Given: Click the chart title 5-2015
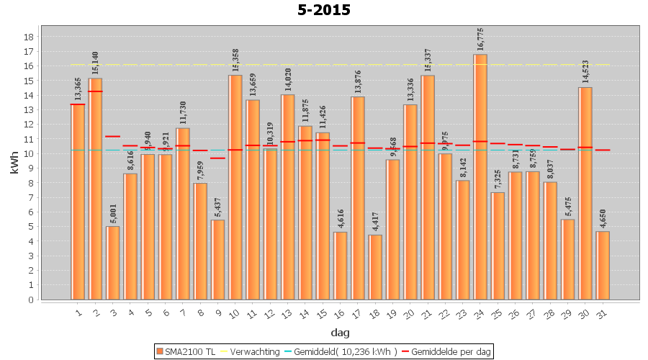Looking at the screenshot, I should (x=324, y=10).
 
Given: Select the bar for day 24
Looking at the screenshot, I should (x=480, y=176).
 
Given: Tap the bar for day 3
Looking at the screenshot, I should (x=113, y=263).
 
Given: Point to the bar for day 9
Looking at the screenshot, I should (x=217, y=259).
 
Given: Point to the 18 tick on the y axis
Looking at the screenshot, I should (x=30, y=37).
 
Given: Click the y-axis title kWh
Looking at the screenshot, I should (x=13, y=163).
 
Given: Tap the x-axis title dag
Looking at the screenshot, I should (x=340, y=333).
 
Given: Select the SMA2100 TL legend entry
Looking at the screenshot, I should (x=185, y=351).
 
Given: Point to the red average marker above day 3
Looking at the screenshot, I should (x=113, y=136).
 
